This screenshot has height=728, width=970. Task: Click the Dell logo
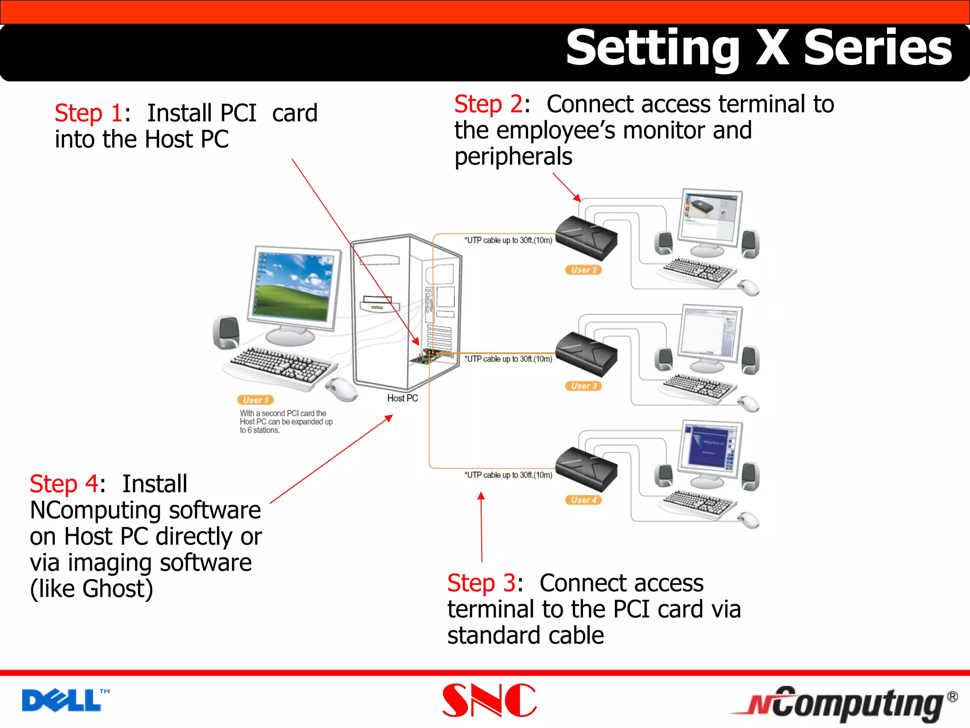tap(62, 701)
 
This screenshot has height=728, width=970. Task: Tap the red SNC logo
tap(489, 701)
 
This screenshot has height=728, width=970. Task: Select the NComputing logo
tap(843, 703)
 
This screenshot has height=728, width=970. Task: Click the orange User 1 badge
tap(255, 400)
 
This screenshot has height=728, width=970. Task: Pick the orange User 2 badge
tap(583, 270)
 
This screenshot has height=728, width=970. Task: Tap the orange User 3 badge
tap(583, 386)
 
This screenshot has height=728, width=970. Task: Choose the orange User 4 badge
tap(583, 500)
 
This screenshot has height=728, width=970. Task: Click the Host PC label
tap(402, 398)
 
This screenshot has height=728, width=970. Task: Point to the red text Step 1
tap(89, 114)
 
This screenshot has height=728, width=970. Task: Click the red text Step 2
tap(488, 105)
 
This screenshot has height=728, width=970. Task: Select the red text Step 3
tap(481, 583)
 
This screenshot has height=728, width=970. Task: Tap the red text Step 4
tap(63, 484)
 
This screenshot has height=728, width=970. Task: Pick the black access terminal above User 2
tap(586, 237)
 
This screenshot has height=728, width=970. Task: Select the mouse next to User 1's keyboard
tap(341, 390)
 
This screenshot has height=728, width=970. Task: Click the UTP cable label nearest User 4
tap(508, 475)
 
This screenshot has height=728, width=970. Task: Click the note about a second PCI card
tap(286, 421)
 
